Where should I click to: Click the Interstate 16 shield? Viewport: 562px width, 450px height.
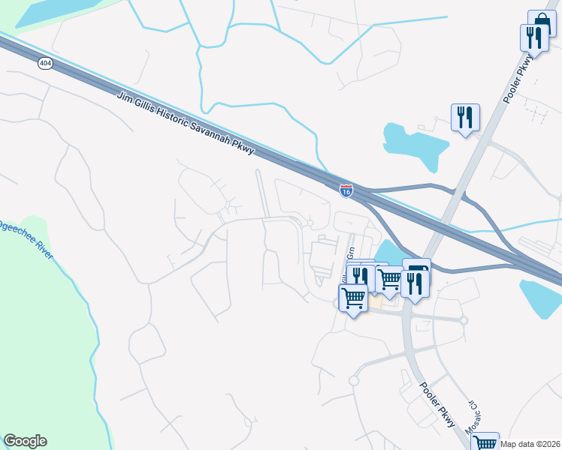pyautogui.click(x=346, y=191)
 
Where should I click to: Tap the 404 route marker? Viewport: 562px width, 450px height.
pyautogui.click(x=44, y=64)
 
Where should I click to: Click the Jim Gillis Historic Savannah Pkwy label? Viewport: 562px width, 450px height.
pyautogui.click(x=188, y=124)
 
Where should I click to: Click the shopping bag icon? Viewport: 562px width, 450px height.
pyautogui.click(x=542, y=23)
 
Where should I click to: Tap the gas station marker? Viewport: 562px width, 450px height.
pyautogui.click(x=417, y=271)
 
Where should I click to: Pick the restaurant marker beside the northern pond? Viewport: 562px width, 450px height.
pyautogui.click(x=465, y=118)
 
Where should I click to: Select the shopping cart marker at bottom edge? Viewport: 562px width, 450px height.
pyautogui.click(x=485, y=442)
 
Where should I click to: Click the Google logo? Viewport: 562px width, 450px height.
pyautogui.click(x=25, y=441)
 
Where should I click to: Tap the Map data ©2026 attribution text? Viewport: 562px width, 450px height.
pyautogui.click(x=530, y=444)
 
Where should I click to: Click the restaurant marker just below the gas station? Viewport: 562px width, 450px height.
pyautogui.click(x=414, y=284)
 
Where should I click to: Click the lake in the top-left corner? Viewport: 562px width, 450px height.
pyautogui.click(x=53, y=11)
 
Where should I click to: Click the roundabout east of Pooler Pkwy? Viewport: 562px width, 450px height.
pyautogui.click(x=464, y=320)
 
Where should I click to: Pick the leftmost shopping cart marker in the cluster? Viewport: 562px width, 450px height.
pyautogui.click(x=352, y=298)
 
